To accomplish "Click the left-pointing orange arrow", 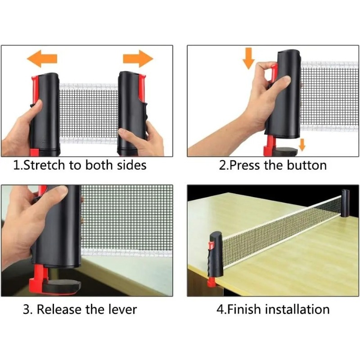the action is tap(42, 58).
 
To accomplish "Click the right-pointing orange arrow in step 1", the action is tap(138, 58).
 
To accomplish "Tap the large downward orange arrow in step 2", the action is tap(249, 58).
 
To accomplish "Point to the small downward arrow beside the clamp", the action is tap(302, 144).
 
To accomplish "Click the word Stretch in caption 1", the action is tap(44, 165).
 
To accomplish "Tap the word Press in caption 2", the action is tap(245, 165).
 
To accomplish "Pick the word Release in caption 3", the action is tap(59, 309).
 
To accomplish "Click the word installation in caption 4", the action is tap(297, 309).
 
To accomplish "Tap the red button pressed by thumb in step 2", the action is tap(274, 73).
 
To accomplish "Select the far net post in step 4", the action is tap(345, 203).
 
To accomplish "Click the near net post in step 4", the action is tap(216, 254).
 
